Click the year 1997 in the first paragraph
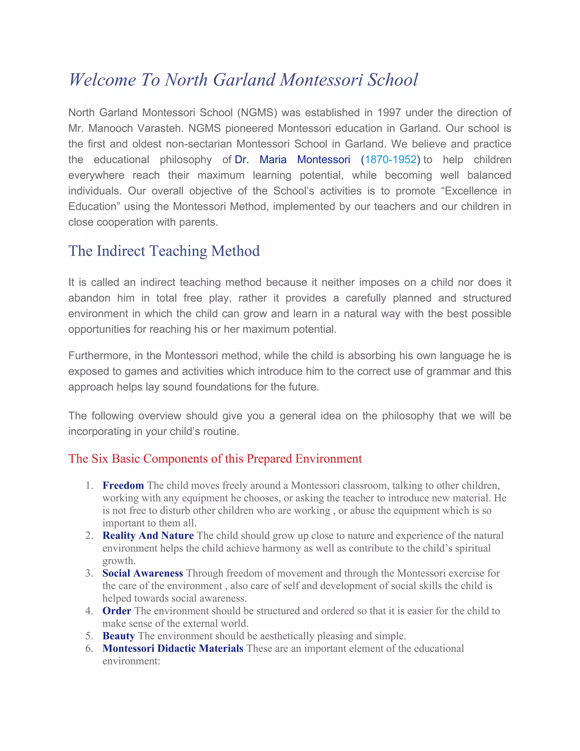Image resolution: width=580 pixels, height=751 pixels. point(389,113)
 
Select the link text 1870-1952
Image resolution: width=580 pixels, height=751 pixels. point(390,160)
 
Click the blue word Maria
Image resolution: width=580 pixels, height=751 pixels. point(273,160)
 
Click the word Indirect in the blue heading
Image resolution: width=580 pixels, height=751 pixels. point(121,251)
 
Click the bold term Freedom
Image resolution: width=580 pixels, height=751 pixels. point(123,485)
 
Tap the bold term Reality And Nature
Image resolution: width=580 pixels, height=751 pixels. point(148,536)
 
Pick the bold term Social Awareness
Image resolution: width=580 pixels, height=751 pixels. point(143,573)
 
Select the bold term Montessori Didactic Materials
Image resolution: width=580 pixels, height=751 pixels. point(172,648)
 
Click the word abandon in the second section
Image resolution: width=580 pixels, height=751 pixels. point(89,298)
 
